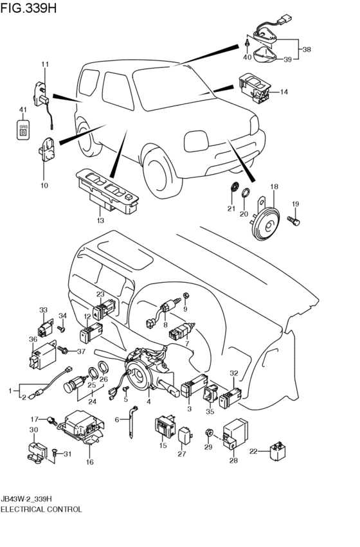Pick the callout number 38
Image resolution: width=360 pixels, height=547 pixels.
coord(306,49)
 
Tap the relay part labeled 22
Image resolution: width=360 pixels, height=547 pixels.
coord(279,452)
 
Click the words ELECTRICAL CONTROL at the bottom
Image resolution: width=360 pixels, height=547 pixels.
coord(41,508)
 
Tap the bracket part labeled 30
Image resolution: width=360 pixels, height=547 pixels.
coord(35,450)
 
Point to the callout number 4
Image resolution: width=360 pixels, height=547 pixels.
coord(148,402)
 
